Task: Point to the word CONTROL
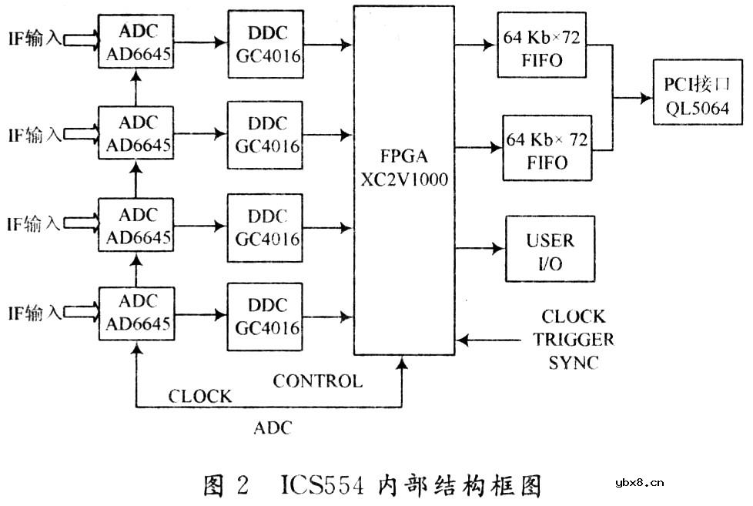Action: (317, 380)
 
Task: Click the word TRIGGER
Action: (577, 340)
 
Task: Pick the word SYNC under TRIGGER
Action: (574, 362)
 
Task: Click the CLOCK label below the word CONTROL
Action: (199, 397)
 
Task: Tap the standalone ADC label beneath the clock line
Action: (273, 427)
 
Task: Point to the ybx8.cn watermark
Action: (640, 483)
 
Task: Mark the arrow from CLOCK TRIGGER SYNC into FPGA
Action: (493, 339)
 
